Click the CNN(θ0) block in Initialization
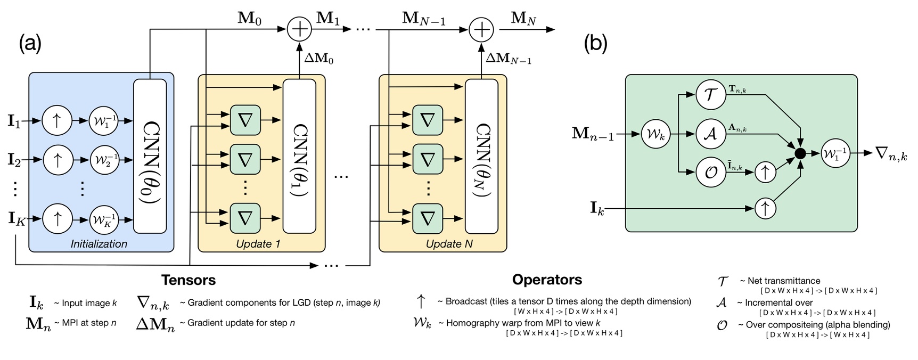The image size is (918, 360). (150, 156)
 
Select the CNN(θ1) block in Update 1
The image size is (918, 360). (299, 156)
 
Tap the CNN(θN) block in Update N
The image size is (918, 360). (481, 156)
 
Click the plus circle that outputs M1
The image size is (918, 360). (299, 29)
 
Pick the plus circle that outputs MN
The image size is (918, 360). (481, 29)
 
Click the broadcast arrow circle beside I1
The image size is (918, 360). (57, 121)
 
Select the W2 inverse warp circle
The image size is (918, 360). (104, 160)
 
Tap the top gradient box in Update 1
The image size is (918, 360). (245, 120)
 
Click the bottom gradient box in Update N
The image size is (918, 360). (427, 218)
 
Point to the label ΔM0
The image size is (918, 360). (319, 58)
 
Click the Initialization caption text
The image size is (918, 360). (99, 244)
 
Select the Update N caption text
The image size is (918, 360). (449, 244)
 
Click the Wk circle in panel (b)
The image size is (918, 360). (655, 134)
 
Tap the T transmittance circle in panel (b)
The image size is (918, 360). (711, 95)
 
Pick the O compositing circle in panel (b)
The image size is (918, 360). (711, 172)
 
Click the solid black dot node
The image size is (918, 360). (800, 154)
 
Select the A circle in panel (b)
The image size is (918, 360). (711, 134)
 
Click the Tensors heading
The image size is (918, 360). (188, 280)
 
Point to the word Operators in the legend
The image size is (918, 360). (547, 280)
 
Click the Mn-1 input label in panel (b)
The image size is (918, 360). (593, 134)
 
